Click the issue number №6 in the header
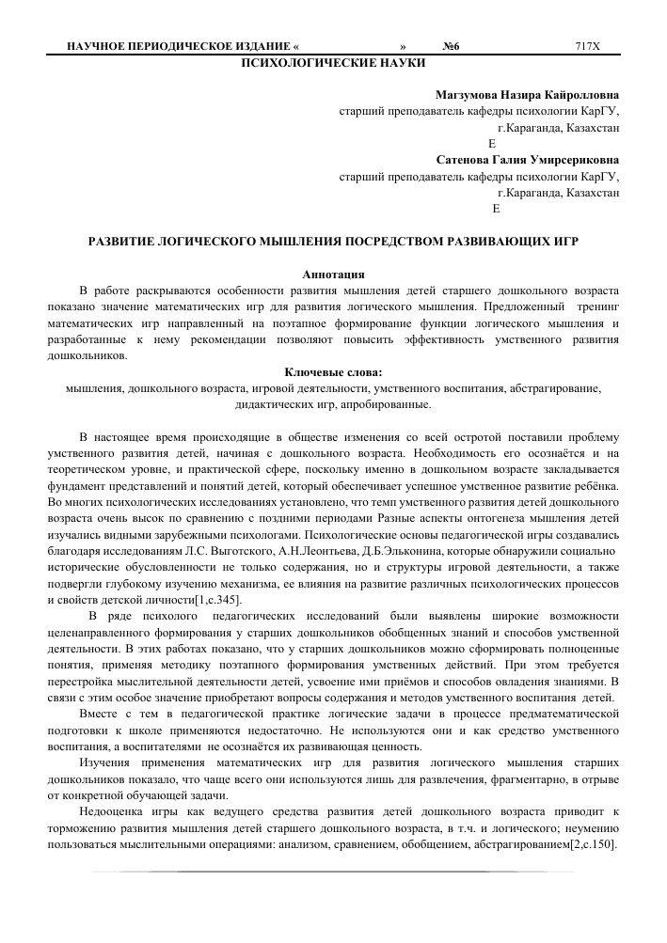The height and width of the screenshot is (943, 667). tap(453, 46)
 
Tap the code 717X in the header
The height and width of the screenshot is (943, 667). tap(587, 46)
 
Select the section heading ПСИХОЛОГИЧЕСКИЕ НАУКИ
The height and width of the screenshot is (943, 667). tap(333, 63)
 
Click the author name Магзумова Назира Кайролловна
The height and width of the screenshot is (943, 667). tap(527, 95)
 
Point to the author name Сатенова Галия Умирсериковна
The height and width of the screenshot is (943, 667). tap(528, 159)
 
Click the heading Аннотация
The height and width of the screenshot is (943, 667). tap(333, 275)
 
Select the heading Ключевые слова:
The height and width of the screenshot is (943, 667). tap(333, 371)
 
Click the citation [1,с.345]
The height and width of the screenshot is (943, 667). tap(216, 599)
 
